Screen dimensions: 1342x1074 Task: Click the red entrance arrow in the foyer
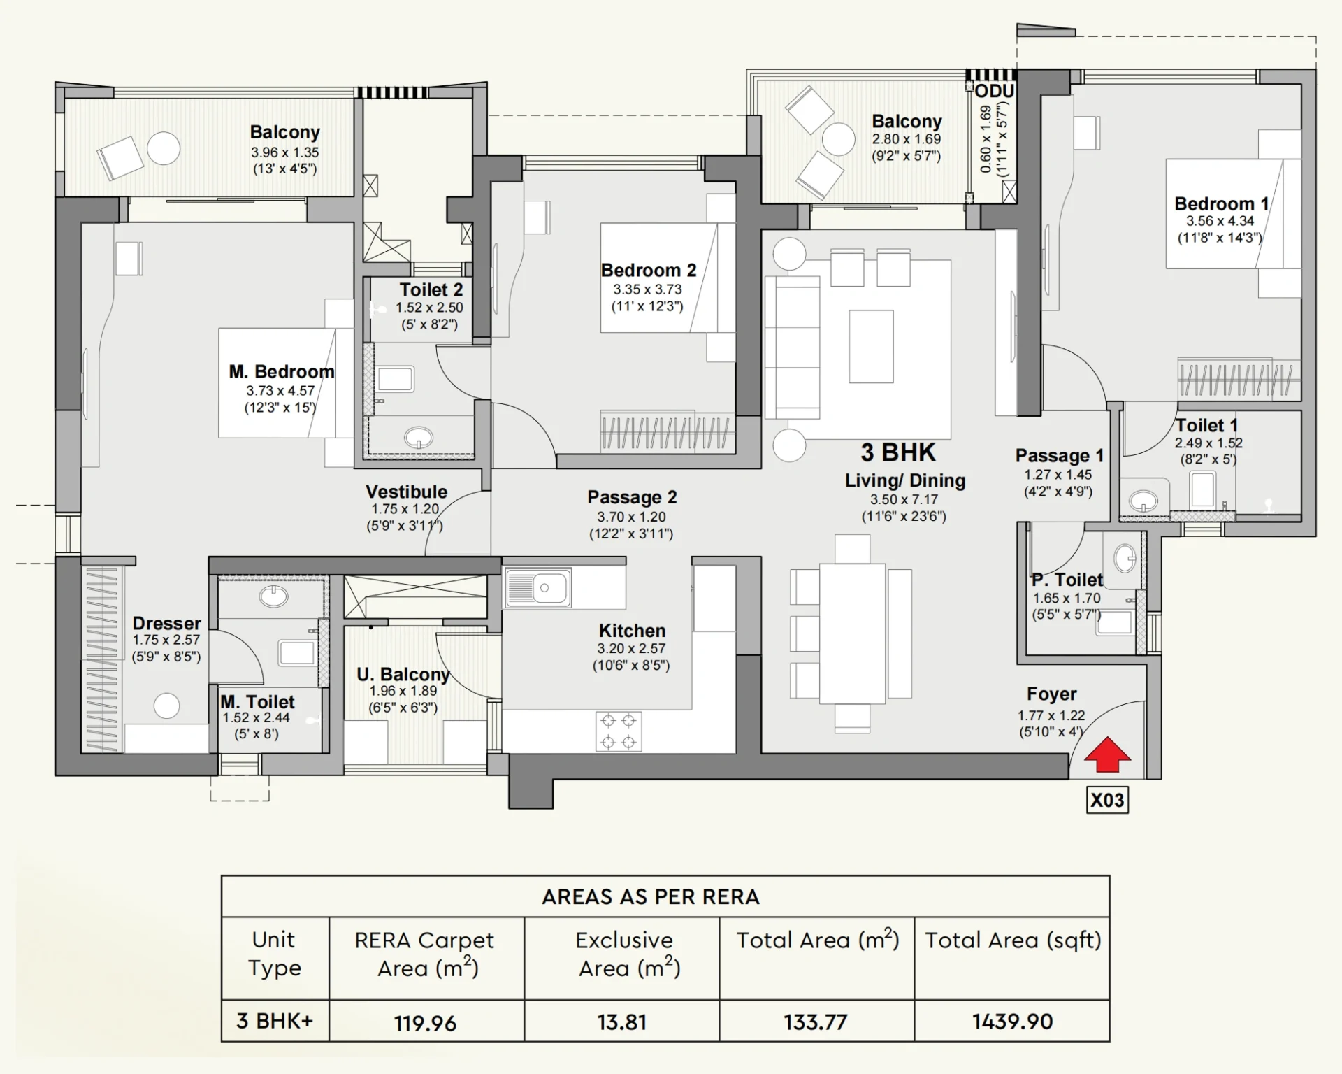coord(1106,754)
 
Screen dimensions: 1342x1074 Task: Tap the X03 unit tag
coord(1107,800)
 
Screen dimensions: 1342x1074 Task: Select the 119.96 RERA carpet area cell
coord(425,1023)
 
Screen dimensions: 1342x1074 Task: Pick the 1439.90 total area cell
coord(1012,1022)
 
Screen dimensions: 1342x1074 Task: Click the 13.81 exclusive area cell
coord(621,1022)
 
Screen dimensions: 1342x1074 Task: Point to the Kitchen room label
coord(632,631)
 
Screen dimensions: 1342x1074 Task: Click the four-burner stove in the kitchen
coord(619,731)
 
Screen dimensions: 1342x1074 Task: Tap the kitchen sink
coord(538,587)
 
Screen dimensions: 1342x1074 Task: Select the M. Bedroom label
coord(282,371)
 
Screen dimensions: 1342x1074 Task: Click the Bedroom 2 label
coord(649,270)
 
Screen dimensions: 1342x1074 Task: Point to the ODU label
coord(995,92)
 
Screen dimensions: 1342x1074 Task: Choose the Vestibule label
coord(406,492)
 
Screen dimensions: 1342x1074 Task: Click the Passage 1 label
coord(1060,456)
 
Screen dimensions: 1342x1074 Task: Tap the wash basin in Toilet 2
coord(419,438)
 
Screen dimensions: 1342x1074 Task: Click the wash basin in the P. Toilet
coord(1125,558)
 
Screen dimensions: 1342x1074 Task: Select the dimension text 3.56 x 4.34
coord(1220,221)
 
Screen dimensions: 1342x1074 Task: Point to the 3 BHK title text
coord(898,452)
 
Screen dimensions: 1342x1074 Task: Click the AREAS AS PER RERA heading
coord(651,897)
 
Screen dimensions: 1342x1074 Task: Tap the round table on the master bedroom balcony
coord(164,148)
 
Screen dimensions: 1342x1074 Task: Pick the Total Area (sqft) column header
coord(1013,940)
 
